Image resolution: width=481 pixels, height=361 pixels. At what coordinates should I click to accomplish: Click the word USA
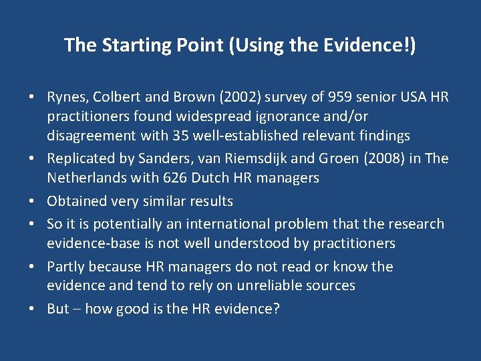411,97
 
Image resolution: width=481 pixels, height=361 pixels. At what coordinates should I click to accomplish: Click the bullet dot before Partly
32,267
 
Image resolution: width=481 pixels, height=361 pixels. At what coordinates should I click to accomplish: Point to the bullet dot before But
32,309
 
